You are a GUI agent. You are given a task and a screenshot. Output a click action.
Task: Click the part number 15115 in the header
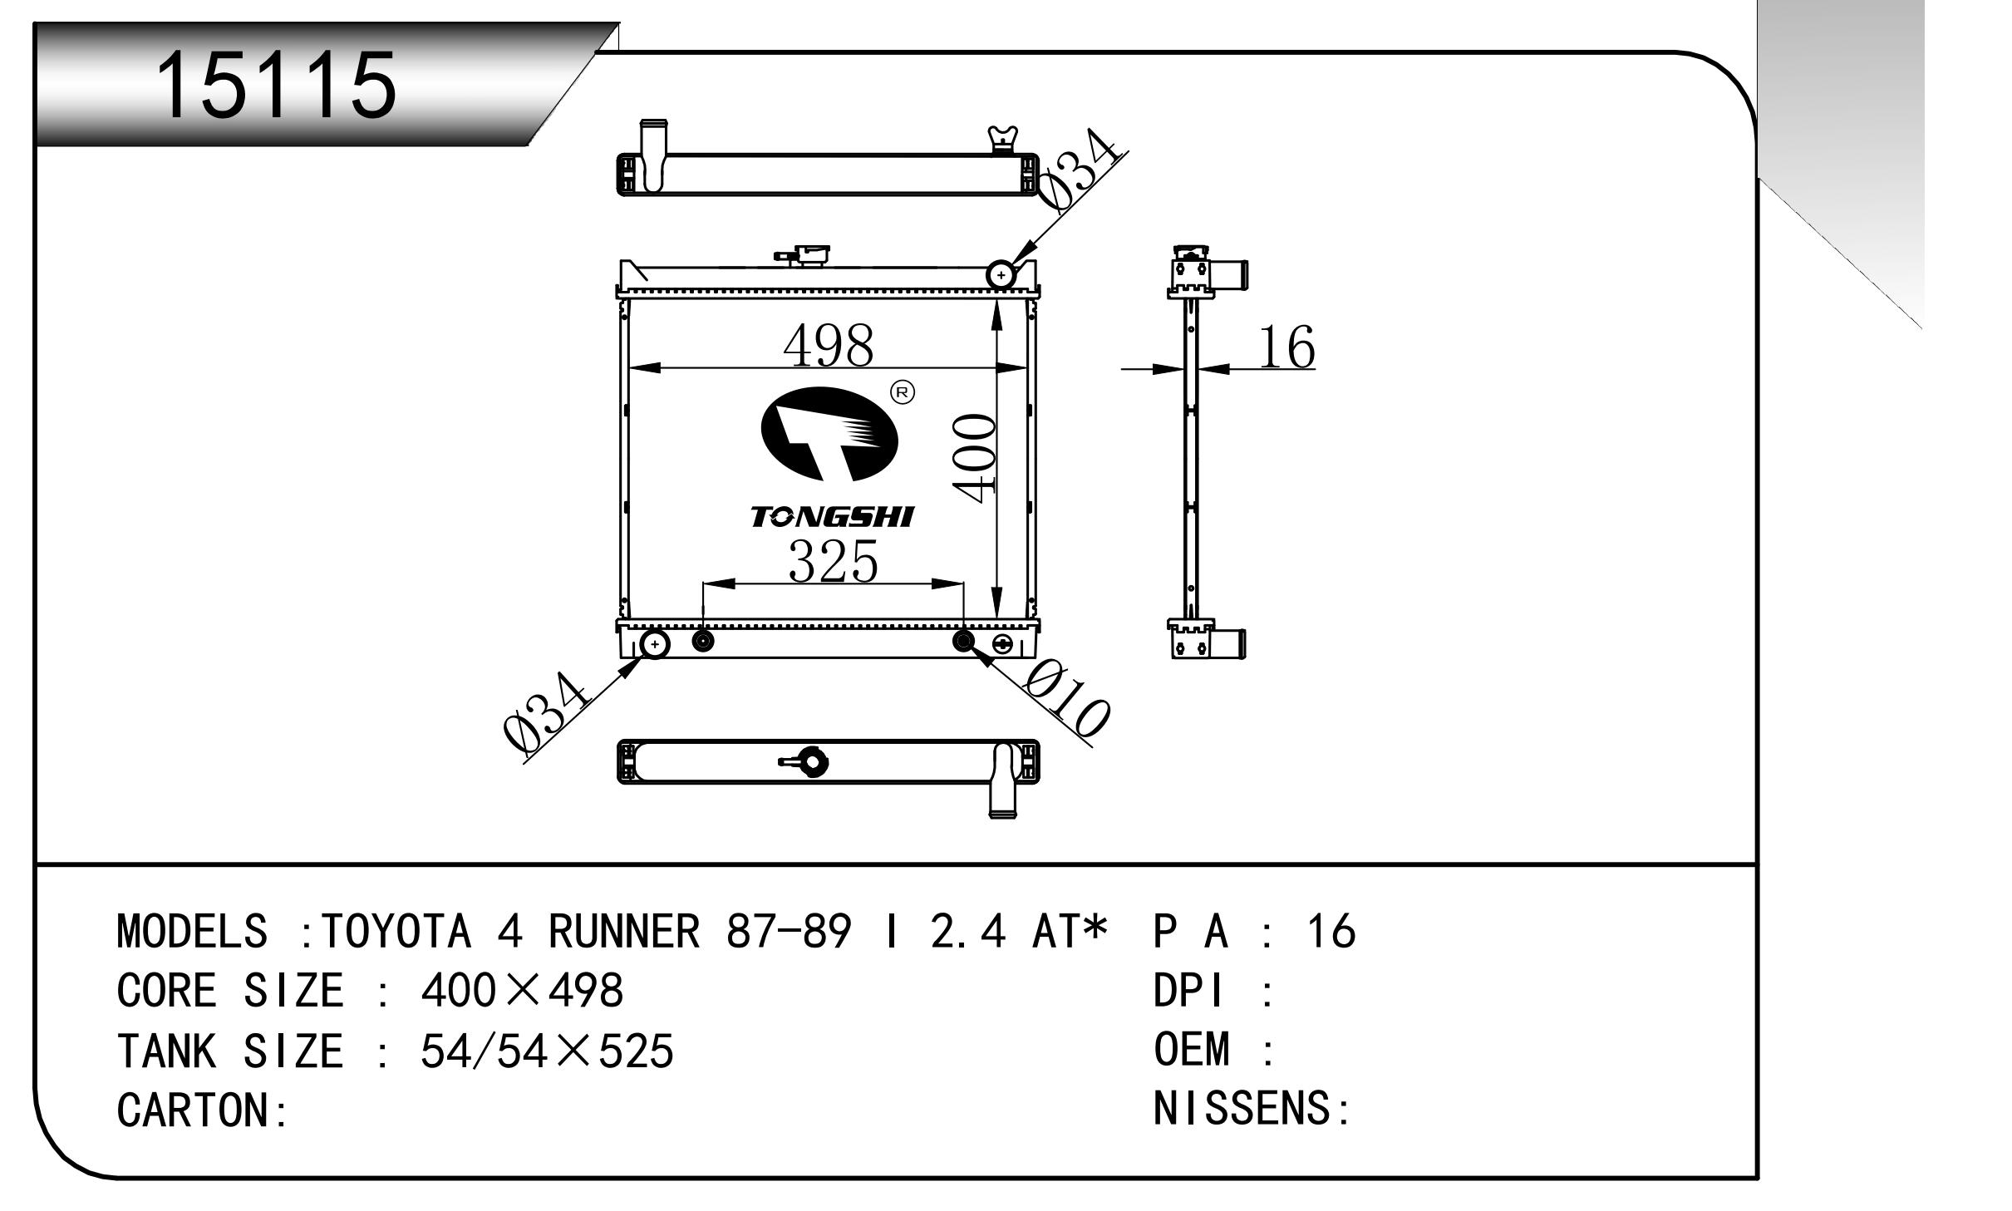coord(278,85)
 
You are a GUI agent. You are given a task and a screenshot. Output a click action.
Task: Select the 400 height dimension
coord(975,459)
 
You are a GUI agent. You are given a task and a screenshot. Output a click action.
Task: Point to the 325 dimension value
coord(833,561)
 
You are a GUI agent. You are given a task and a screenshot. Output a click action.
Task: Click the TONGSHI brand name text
coord(832,517)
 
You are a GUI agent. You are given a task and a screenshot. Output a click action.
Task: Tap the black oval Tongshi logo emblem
coord(830,435)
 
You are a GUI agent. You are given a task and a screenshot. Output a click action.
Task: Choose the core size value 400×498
coord(522,990)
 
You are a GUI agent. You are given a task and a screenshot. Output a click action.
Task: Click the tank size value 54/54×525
coord(547,1051)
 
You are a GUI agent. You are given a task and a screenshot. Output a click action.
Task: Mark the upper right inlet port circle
coord(1001,274)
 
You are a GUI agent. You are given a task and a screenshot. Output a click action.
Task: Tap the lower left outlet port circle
coord(655,644)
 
